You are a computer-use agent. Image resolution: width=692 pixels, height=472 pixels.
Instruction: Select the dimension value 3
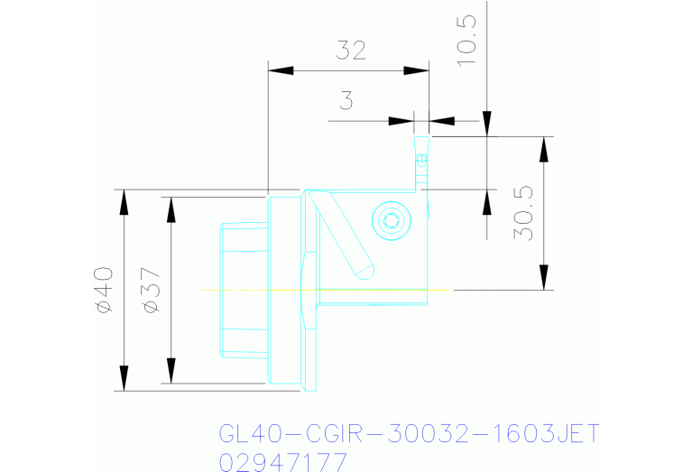pos(346,101)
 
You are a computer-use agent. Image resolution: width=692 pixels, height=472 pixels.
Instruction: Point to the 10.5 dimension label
pos(468,41)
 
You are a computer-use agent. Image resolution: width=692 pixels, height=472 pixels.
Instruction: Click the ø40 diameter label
pos(104,290)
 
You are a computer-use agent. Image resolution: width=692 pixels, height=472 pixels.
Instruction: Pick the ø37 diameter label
pos(151,290)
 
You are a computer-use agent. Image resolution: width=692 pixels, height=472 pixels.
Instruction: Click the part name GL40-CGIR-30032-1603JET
pos(409,434)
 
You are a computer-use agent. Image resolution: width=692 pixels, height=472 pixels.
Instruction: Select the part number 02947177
pos(283,462)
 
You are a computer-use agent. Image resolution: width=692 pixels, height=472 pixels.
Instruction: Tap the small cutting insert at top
pos(420,153)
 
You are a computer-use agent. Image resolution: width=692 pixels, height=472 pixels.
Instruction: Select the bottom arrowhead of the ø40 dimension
pos(124,379)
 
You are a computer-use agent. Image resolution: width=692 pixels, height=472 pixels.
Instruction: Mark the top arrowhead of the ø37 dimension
pos(171,208)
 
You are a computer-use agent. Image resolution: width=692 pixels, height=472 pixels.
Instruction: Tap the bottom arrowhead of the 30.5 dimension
pos(544,277)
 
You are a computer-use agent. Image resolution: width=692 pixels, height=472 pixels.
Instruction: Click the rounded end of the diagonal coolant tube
pos(365,269)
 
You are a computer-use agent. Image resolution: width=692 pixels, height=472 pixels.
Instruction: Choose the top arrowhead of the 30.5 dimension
pos(544,149)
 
